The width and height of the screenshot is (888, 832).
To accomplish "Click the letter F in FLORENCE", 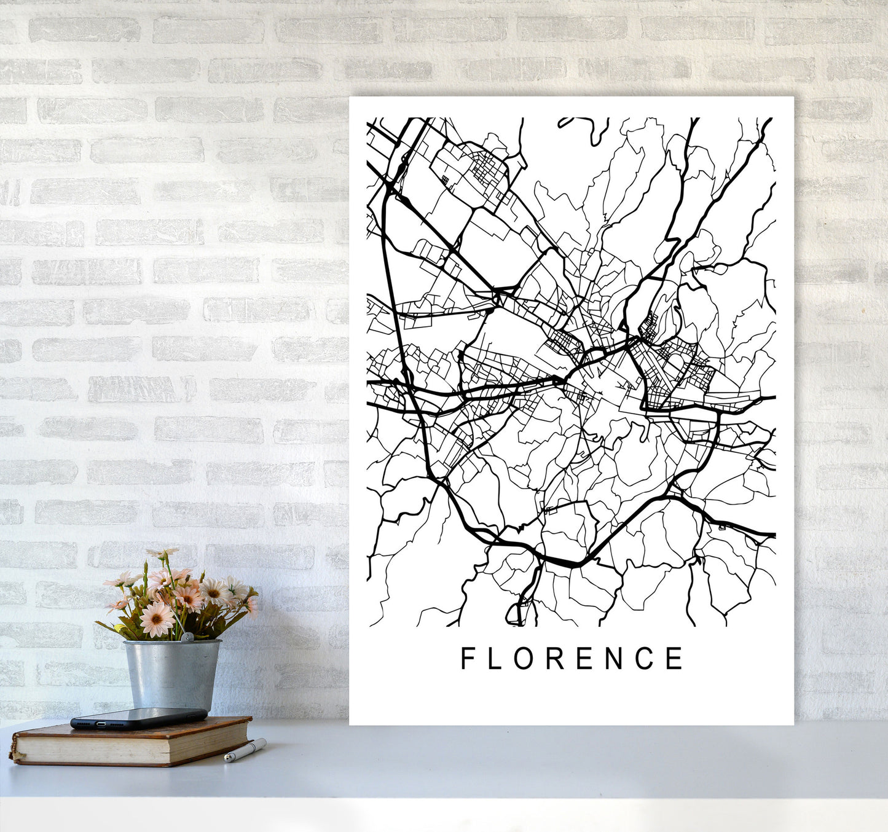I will point(468,658).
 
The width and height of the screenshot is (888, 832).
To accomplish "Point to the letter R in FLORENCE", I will point(552,658).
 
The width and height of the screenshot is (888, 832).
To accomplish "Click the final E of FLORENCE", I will point(675,658).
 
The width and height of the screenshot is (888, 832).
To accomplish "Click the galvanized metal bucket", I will point(172,673).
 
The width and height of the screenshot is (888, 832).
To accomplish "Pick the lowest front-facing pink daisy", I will point(156,618).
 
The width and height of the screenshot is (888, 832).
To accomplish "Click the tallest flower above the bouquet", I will point(162,554).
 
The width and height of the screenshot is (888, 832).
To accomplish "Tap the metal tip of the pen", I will point(227,759).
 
